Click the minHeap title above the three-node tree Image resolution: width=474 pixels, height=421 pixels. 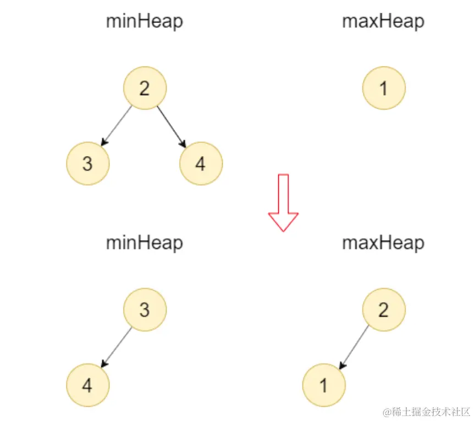point(144,21)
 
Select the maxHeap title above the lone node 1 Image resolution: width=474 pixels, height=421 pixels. point(383,21)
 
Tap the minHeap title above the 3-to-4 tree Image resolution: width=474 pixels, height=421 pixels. point(144,242)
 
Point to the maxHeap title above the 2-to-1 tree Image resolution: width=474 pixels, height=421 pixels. point(383,242)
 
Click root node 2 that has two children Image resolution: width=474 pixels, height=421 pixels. point(145,88)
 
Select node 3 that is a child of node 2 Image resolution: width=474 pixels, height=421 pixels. point(87,164)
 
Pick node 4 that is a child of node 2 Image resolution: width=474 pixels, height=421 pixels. point(201,164)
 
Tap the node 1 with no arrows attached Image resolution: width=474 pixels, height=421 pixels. point(384,88)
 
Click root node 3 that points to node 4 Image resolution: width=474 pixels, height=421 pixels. point(145,310)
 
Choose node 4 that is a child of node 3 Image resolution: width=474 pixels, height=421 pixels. point(87,386)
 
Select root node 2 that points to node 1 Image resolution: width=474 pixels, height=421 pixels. point(384,310)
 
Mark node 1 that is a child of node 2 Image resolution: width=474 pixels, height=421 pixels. point(324,386)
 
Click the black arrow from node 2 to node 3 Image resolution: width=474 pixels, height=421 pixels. point(117,125)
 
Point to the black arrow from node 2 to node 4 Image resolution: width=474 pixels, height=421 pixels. point(172,125)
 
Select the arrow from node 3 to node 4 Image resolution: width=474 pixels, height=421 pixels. point(117,347)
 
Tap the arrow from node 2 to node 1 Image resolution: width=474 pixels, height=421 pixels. point(355,347)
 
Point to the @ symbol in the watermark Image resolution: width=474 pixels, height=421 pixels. point(387,411)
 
